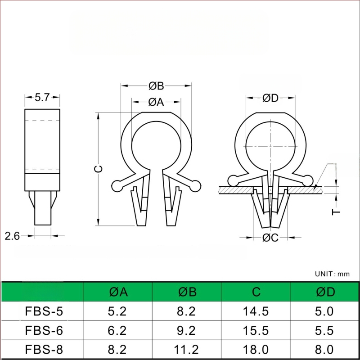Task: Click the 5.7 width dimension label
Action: [42, 96]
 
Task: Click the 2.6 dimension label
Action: [12, 235]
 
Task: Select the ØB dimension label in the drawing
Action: [156, 85]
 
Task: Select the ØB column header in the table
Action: [187, 292]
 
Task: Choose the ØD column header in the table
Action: [325, 292]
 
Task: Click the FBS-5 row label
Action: [42, 311]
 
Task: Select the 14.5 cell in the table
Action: [256, 311]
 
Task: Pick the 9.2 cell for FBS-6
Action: [187, 331]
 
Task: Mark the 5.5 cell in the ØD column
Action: [325, 331]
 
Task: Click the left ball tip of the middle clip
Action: [117, 185]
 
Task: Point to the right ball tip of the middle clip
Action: [196, 185]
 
